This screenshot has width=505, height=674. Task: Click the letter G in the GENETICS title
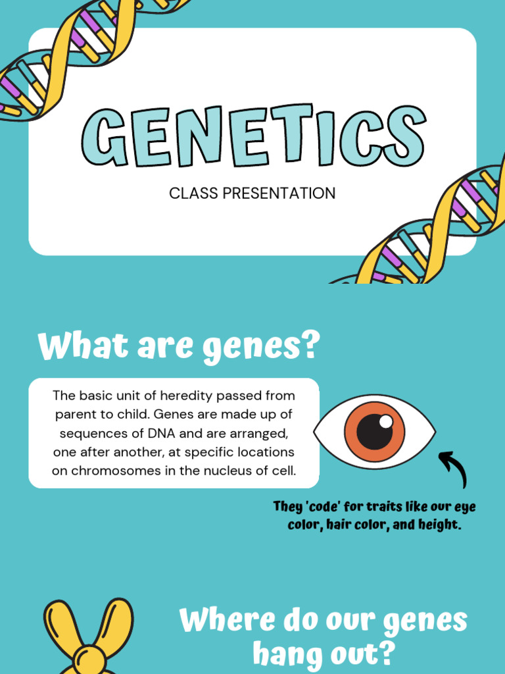pyautogui.click(x=104, y=138)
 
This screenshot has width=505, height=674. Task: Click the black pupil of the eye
pyautogui.click(x=375, y=432)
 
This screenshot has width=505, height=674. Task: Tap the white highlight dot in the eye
pyautogui.click(x=385, y=421)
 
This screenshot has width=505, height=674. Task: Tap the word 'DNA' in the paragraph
pyautogui.click(x=162, y=433)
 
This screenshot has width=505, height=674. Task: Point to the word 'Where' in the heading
pyautogui.click(x=227, y=620)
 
